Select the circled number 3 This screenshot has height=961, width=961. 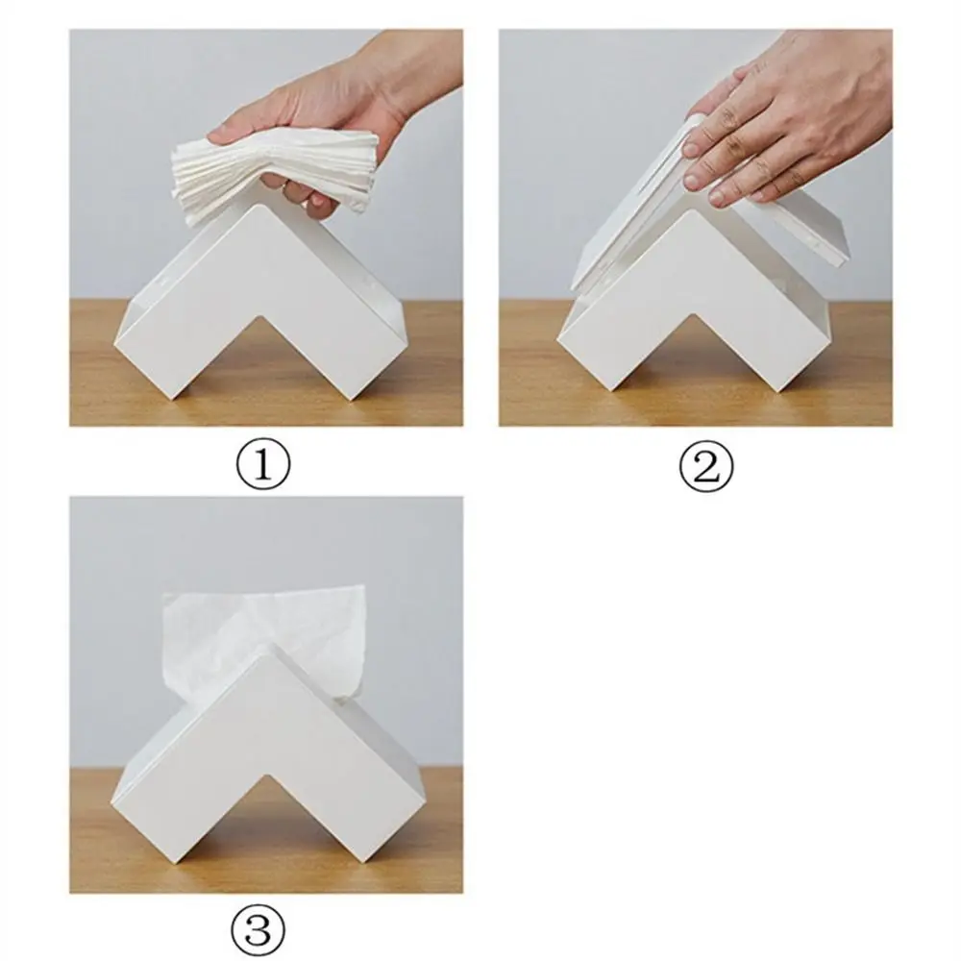258,931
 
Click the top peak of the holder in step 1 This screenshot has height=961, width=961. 257,208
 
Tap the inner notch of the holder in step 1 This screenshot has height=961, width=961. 262,317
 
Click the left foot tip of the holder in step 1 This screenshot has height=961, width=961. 174,399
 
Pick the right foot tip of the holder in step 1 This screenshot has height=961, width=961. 353,399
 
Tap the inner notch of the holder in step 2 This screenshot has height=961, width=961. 695,317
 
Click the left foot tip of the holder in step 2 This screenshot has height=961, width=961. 611,389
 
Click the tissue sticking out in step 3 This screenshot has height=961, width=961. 263,637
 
